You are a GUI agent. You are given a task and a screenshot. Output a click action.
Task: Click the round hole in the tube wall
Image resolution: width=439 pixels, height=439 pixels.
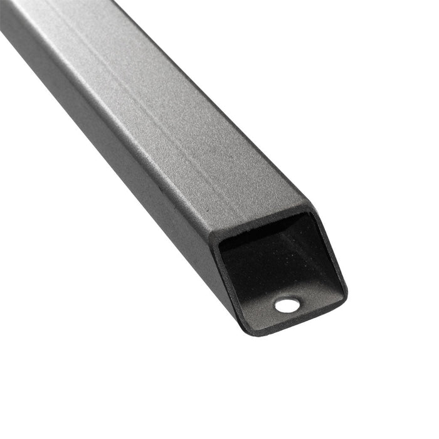click(x=287, y=305)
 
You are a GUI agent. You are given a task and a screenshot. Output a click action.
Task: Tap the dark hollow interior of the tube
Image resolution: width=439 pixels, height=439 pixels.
click(x=270, y=257)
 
